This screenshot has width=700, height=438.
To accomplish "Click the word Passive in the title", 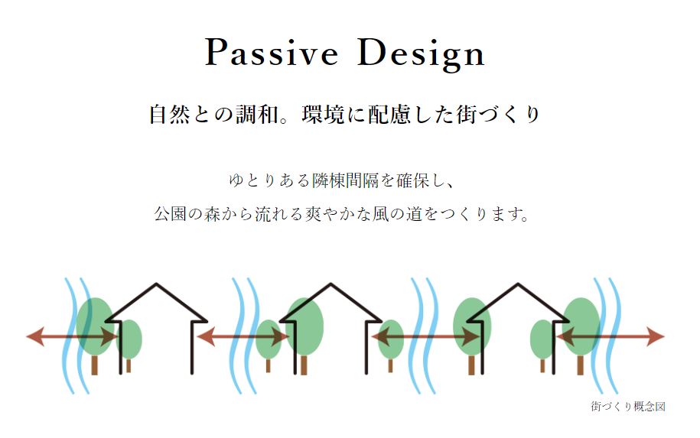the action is point(272,53).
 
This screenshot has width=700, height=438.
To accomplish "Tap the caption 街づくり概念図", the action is point(628,407).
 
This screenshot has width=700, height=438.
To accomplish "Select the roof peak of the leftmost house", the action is point(156,284).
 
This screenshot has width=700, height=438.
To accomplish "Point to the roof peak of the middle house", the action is point(330,284).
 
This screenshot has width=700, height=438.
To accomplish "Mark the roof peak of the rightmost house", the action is point(518,284).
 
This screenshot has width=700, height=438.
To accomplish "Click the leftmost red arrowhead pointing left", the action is point(36,336).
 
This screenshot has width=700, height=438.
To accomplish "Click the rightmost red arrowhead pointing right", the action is point(656,337).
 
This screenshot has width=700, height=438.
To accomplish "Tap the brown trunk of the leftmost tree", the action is point(94,365).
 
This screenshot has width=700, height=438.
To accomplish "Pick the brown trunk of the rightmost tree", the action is point(581,365).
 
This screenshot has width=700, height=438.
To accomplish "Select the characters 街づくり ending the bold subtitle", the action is point(498,114).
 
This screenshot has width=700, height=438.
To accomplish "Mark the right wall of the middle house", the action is point(367,347).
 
